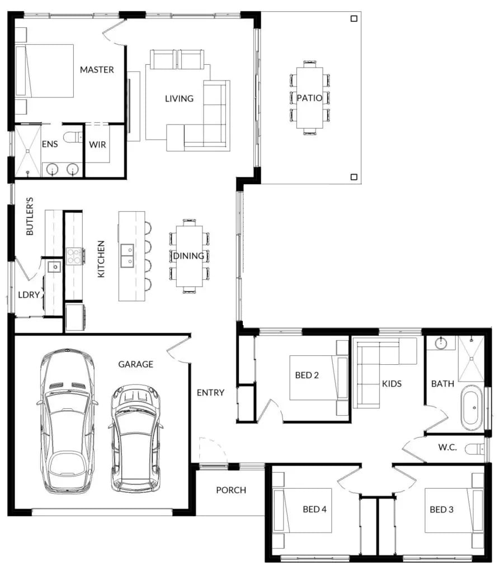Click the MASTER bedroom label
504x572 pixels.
point(97,70)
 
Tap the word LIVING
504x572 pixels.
point(179,98)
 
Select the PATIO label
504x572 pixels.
point(309,98)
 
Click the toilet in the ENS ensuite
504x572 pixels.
point(73,137)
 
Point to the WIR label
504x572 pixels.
point(97,145)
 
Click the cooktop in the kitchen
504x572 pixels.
point(74,256)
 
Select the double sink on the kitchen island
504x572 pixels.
point(127,255)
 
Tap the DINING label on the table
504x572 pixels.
point(189,256)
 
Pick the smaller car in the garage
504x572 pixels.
point(135,438)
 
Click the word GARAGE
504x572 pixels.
point(135,364)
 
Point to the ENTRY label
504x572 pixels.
point(210,393)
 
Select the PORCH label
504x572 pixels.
point(231,490)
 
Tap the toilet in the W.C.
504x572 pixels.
point(475,449)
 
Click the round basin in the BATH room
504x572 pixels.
point(441,342)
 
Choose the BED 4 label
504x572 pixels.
point(314,509)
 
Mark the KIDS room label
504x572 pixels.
point(392,383)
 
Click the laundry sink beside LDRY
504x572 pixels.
point(55,267)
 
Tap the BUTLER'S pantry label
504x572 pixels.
point(30,216)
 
